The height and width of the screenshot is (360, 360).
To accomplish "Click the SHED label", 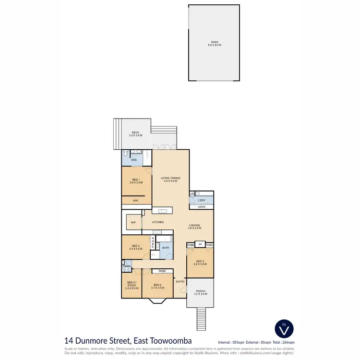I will coord(214,42).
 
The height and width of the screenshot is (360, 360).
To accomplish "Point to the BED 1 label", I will coord(136,180).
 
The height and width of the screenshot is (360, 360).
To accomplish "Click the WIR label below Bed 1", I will coord(136,200).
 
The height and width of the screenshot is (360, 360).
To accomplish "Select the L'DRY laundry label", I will coord(202,200).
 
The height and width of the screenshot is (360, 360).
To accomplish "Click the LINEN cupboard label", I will coord(202,207).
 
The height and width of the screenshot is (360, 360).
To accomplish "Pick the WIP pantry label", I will coord(133,222).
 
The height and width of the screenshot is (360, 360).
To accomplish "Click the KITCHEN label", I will coord(158,222).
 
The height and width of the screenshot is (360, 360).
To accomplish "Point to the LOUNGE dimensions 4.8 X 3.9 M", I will coord(194,228).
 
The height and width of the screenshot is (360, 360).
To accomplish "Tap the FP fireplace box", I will coord(200,245).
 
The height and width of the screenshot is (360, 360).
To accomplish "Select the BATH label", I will coord(165,248).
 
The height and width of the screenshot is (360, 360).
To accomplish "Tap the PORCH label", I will coord(200,291).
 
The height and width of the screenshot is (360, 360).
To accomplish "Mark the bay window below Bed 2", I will coord(158,301).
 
